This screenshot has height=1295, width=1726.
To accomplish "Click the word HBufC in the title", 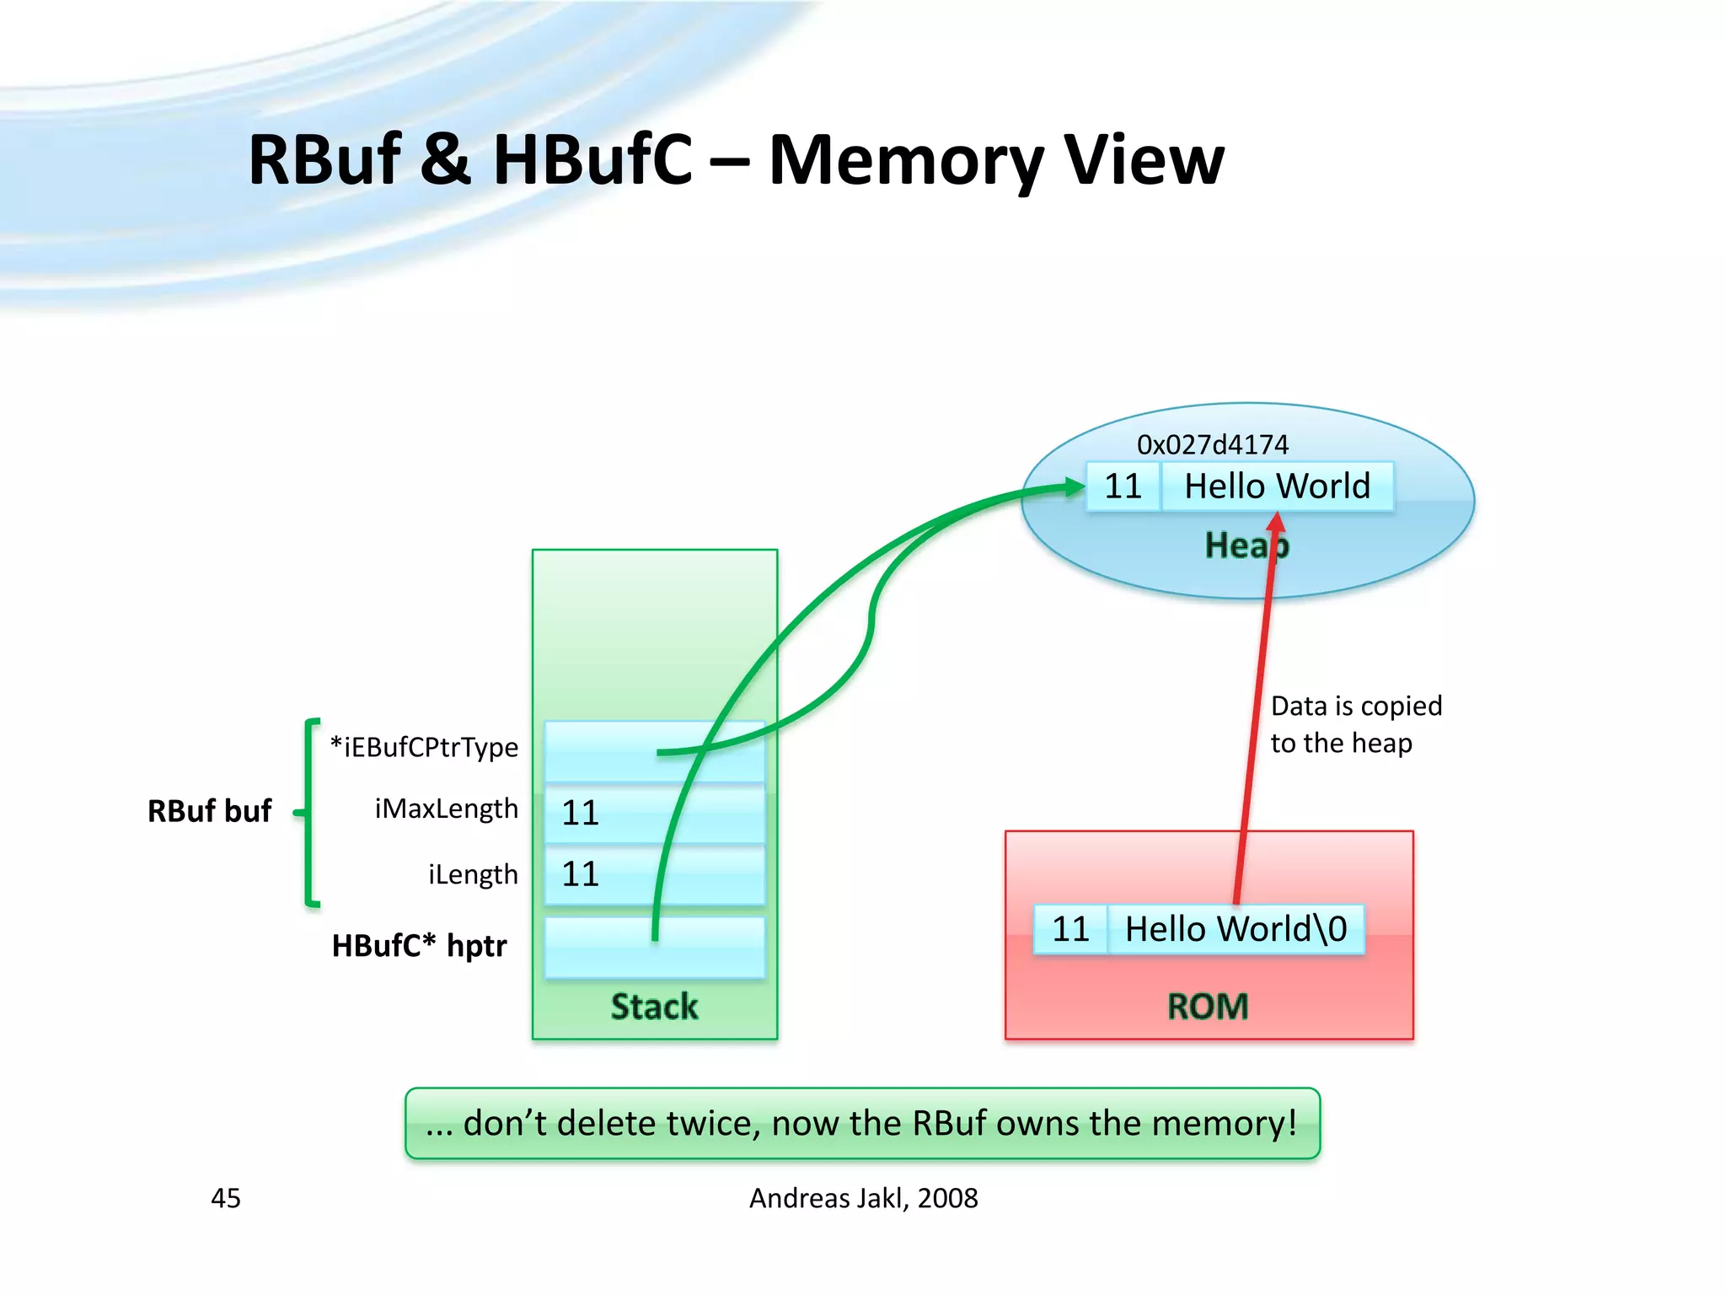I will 592,160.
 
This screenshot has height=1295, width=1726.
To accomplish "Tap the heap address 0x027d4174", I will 1212,444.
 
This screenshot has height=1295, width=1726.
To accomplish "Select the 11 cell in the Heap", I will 1123,486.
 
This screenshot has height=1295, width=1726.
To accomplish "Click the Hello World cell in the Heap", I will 1277,486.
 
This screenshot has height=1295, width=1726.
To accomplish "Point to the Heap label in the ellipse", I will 1246,545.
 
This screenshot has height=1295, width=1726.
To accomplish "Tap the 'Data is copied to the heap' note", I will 1355,724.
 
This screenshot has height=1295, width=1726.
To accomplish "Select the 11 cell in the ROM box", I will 1070,929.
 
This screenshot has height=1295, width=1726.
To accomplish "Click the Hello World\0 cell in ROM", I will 1236,929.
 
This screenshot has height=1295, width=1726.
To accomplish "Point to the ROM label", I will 1208,1006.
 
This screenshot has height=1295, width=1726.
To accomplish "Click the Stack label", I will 654,1007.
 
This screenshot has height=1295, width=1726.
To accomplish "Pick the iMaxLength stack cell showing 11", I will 654,813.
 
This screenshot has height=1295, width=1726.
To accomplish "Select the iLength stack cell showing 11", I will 654,874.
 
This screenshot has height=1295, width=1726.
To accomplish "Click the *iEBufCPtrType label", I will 424,747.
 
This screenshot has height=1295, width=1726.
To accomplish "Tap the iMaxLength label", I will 446,809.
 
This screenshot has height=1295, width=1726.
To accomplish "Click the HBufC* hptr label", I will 419,946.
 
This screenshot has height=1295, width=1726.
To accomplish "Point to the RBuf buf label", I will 209,811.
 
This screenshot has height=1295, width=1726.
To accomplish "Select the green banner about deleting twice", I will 862,1123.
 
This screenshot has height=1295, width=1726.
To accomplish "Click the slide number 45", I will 225,1198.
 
